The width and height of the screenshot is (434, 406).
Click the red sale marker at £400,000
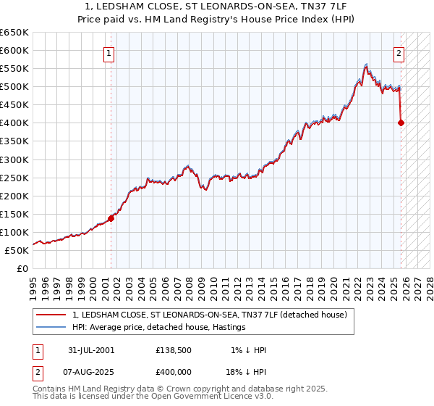click(x=401, y=123)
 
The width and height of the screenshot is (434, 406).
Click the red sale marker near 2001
click(x=111, y=217)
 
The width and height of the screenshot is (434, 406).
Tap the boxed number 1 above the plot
click(x=108, y=52)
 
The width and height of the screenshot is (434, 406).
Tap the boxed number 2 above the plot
click(x=399, y=52)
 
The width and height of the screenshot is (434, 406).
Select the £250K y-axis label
click(x=14, y=178)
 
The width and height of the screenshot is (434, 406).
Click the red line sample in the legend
click(x=51, y=315)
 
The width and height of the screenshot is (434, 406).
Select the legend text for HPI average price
click(x=159, y=327)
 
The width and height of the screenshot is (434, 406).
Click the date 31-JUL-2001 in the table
click(x=90, y=350)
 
